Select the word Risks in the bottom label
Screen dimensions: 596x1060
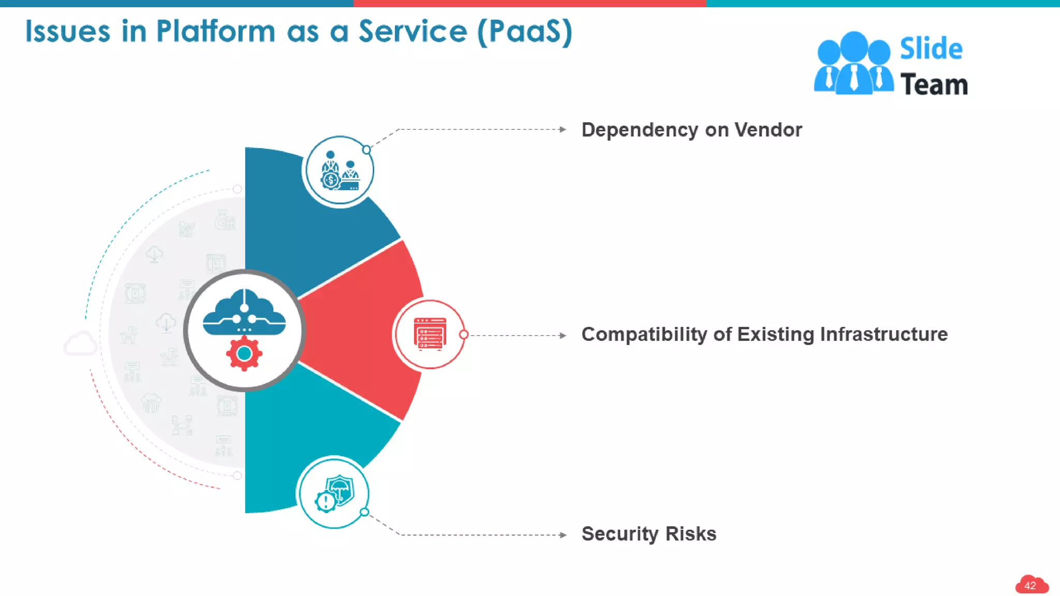pos(690,534)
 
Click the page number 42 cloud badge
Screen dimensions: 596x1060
pos(1030,585)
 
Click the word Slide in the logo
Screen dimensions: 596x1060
pos(931,49)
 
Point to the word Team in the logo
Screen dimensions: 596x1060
pos(934,85)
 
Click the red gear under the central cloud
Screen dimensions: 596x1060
pos(244,353)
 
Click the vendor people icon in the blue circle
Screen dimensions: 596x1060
pos(340,171)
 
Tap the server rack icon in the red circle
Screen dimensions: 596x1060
pos(430,334)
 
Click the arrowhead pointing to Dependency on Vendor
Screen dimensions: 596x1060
pos(563,129)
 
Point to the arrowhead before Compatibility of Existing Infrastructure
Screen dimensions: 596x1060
pos(563,335)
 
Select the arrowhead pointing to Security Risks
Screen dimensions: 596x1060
pos(563,535)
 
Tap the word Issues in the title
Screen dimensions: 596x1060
pos(68,32)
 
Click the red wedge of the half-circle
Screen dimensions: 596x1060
pos(362,331)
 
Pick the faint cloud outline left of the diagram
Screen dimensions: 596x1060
pos(80,344)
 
